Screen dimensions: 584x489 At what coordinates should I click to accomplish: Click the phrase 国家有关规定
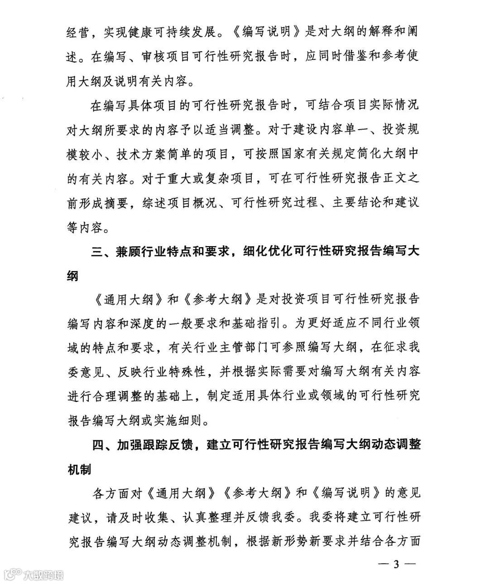[x=313, y=154]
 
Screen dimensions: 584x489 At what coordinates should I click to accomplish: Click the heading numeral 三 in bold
[x=97, y=252]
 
